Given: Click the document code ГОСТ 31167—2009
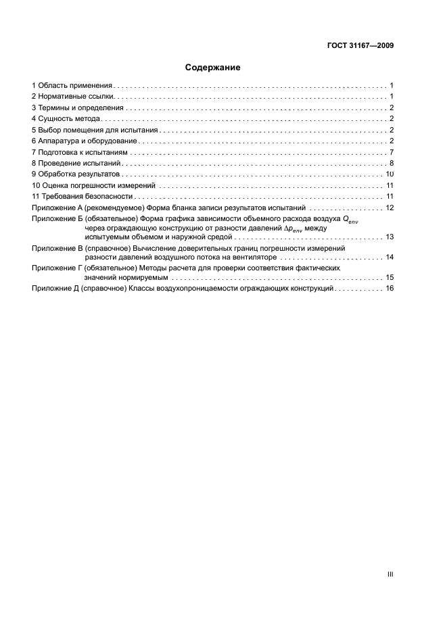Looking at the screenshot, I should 358,46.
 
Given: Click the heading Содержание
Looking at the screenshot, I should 212,68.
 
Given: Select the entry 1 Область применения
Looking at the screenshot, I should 72,86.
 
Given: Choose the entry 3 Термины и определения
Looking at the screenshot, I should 77,107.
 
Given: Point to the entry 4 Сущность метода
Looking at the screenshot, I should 66,119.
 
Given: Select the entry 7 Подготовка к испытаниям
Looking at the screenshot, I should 79,152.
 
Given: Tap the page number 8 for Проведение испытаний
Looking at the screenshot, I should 392,163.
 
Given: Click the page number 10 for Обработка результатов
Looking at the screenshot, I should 390,174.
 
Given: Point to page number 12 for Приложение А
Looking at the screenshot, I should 390,208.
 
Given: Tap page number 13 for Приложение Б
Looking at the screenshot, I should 390,237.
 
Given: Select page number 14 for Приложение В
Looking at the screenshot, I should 390,258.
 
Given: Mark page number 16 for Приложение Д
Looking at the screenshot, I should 390,289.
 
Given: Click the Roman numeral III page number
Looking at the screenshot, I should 390,574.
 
